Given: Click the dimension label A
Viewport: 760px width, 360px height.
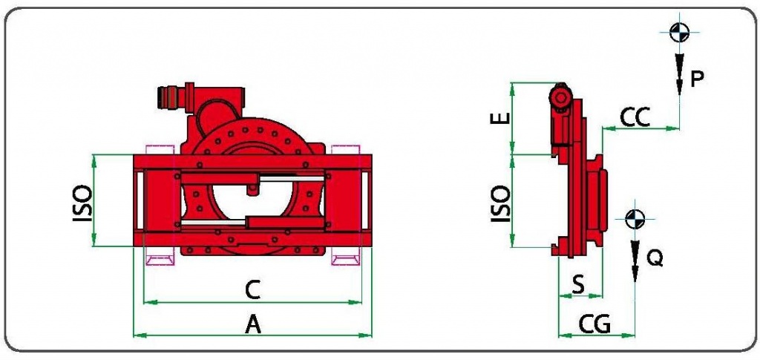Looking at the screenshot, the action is pos(253,324).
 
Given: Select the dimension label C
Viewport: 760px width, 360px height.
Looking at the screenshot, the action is pos(252,290).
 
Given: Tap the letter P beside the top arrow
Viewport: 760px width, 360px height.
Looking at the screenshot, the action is pos(696,79).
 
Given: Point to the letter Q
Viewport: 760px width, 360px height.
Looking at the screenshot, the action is pos(655,258).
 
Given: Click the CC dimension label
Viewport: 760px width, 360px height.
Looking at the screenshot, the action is pos(635,118).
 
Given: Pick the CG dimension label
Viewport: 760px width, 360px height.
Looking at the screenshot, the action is pos(594,324).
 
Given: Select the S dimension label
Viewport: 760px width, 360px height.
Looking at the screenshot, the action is pos(578,286).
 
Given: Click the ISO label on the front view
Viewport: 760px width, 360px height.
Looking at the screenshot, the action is pos(82,203).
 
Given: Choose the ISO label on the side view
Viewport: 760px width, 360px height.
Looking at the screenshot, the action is pos(501,204).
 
